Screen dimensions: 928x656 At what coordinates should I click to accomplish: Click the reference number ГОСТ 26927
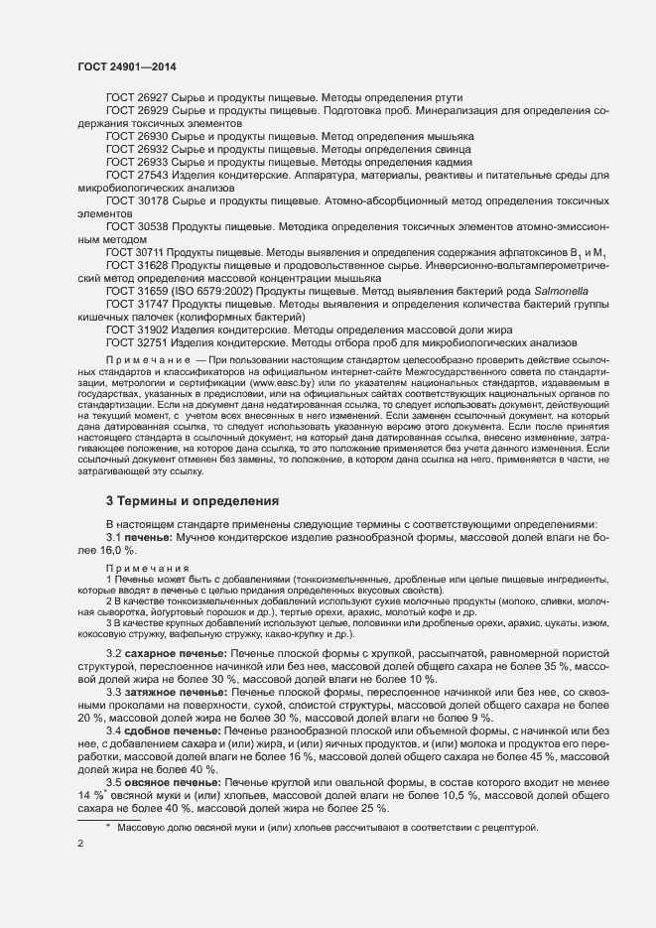(137, 97)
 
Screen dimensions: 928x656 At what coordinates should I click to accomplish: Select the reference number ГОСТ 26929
(137, 110)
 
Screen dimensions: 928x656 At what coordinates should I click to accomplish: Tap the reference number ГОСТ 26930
(137, 136)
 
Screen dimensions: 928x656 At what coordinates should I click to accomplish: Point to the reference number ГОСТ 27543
(137, 175)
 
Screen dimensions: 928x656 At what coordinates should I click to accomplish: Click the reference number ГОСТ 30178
(137, 200)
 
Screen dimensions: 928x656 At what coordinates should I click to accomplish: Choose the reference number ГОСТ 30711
(137, 253)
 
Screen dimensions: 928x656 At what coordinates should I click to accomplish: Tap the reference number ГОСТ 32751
(137, 343)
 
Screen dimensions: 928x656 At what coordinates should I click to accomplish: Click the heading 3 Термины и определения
(193, 501)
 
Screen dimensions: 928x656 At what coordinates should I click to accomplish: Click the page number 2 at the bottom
(80, 844)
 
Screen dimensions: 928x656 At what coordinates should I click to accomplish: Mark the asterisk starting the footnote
(109, 827)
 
